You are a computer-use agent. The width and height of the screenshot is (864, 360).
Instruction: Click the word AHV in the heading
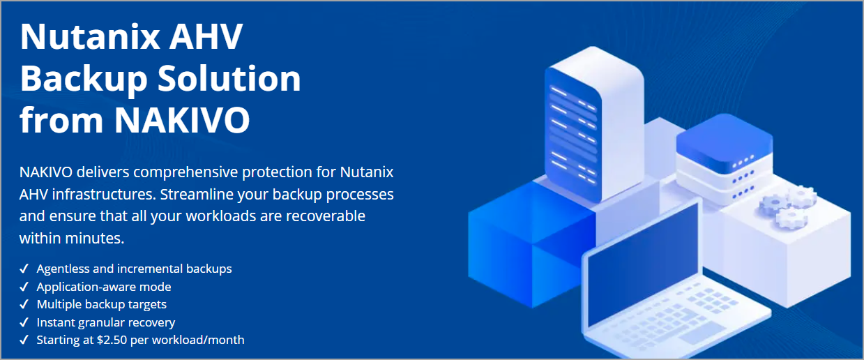(x=206, y=37)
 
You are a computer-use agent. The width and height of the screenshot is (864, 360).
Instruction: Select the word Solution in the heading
(x=229, y=78)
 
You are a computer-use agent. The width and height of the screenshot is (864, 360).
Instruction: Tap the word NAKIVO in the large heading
(x=182, y=120)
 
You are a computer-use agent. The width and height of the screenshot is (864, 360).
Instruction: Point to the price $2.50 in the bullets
(x=112, y=340)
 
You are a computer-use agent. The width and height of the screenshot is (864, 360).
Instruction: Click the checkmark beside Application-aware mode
(x=24, y=287)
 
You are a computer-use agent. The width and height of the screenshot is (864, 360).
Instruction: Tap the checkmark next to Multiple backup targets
(x=24, y=304)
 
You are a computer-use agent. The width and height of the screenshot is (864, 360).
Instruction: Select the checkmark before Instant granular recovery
(x=24, y=322)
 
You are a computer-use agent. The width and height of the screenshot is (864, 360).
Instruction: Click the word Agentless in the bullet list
(x=63, y=269)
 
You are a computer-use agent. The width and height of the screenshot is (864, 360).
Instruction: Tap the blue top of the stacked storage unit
(x=724, y=142)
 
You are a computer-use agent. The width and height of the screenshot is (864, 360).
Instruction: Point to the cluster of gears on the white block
(x=787, y=207)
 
